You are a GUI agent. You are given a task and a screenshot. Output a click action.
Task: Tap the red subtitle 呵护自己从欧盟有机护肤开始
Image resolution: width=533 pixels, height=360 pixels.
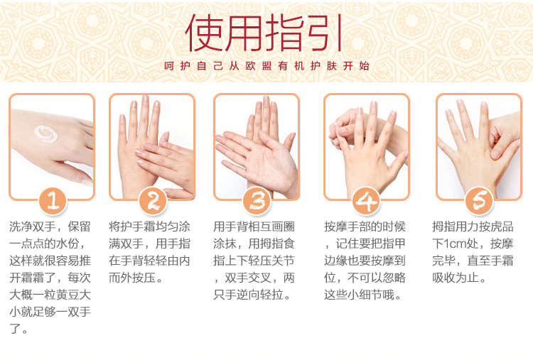(266, 66)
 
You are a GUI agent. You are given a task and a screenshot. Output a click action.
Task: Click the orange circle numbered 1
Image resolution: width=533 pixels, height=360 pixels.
(52, 202)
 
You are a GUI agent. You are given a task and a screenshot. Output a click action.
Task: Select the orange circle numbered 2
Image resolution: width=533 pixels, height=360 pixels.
(152, 202)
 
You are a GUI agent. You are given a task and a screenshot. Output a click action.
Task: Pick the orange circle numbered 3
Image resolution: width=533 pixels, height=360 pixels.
(257, 202)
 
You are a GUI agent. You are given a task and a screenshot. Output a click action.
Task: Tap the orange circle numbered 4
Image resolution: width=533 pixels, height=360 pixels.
(366, 202)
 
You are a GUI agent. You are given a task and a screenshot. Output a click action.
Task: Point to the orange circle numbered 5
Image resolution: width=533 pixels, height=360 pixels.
(478, 202)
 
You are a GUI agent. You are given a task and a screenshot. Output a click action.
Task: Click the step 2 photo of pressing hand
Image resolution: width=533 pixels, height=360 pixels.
(152, 146)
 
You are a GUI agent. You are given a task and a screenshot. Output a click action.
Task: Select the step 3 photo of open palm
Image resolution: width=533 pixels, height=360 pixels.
(257, 146)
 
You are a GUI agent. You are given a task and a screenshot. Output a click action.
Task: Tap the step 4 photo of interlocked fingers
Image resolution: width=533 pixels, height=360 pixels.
(366, 146)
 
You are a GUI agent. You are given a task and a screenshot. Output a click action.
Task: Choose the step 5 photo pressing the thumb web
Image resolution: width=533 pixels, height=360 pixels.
(478, 146)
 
